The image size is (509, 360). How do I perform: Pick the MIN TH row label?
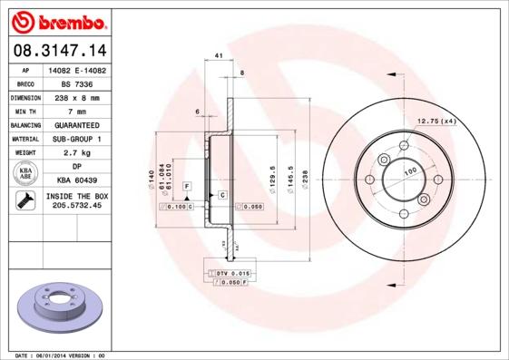pyautogui.click(x=25, y=111)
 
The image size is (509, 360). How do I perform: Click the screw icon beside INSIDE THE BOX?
pyautogui.click(x=25, y=201)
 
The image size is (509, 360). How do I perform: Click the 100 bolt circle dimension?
pyautogui.click(x=409, y=170)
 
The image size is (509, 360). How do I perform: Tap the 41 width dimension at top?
pyautogui.click(x=220, y=56)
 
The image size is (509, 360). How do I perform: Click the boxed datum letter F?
pyautogui.click(x=187, y=186)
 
